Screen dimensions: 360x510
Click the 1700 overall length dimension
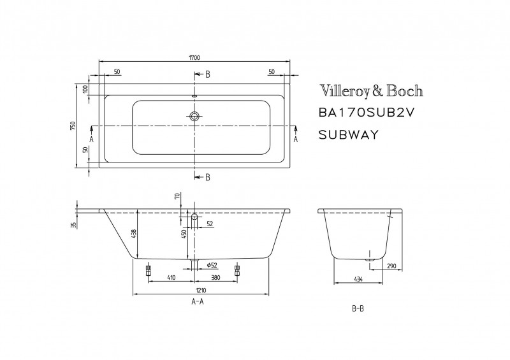pyautogui.click(x=194, y=57)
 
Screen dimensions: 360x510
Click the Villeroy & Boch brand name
pyautogui.click(x=370, y=91)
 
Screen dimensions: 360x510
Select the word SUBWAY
pyautogui.click(x=348, y=134)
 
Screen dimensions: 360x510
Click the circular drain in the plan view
pyautogui.click(x=194, y=117)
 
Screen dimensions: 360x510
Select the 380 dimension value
pyautogui.click(x=216, y=278)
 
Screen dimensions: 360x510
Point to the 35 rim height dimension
pyautogui.click(x=74, y=224)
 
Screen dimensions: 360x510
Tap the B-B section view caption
pyautogui.click(x=358, y=308)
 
